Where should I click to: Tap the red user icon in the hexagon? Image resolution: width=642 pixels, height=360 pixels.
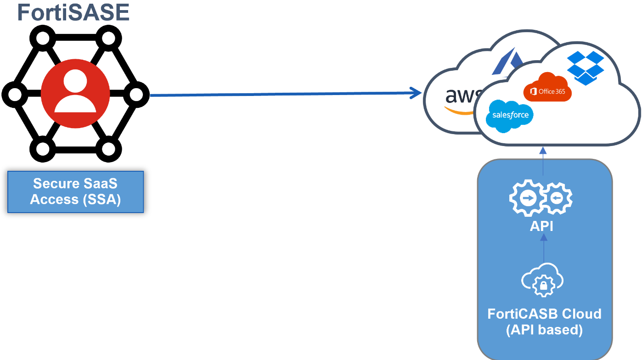75,94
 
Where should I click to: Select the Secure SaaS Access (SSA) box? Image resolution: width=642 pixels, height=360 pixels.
75,192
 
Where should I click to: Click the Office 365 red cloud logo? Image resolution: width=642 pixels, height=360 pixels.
547,88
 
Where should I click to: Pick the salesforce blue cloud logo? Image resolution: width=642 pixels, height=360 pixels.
510,115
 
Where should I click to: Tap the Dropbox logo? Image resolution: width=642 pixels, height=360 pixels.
585,67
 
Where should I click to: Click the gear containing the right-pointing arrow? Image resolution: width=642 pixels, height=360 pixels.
526,199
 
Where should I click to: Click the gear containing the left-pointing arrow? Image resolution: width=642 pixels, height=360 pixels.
556,199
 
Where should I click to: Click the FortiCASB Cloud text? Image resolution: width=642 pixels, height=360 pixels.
544,314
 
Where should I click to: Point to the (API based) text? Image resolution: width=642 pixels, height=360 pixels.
544,330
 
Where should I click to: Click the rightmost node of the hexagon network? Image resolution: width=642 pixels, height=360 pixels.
136,95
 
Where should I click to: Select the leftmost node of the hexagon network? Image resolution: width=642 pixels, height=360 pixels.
14,95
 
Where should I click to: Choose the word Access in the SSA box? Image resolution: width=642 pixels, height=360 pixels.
54,200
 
